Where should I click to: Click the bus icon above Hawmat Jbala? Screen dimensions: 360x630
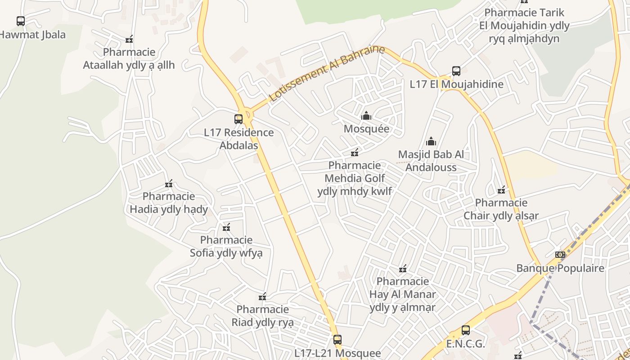21,21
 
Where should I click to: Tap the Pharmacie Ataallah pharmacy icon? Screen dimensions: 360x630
129,40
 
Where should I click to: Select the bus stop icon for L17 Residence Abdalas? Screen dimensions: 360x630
238,119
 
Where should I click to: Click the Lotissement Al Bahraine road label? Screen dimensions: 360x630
327,74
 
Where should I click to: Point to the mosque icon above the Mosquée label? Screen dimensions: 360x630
366,116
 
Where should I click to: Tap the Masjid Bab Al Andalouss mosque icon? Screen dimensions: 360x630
431,141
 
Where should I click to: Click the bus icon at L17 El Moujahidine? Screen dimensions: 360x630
456,71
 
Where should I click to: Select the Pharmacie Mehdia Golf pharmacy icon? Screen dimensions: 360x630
355,153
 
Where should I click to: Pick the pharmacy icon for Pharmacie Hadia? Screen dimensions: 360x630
169,184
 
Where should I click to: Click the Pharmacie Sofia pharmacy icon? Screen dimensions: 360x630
226,227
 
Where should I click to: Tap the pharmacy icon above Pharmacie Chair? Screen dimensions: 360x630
501,190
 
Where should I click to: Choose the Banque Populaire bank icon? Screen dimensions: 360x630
560,255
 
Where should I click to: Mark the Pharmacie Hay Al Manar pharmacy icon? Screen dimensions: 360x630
403,269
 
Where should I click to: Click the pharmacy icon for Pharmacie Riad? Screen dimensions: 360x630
262,297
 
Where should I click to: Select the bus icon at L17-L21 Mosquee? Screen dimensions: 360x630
337,340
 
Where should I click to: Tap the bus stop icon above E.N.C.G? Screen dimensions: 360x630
466,330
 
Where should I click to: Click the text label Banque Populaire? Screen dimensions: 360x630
560,268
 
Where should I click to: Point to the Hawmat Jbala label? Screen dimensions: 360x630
32,35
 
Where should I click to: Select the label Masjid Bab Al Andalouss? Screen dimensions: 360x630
431,161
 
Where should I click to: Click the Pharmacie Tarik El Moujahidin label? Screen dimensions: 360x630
524,25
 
